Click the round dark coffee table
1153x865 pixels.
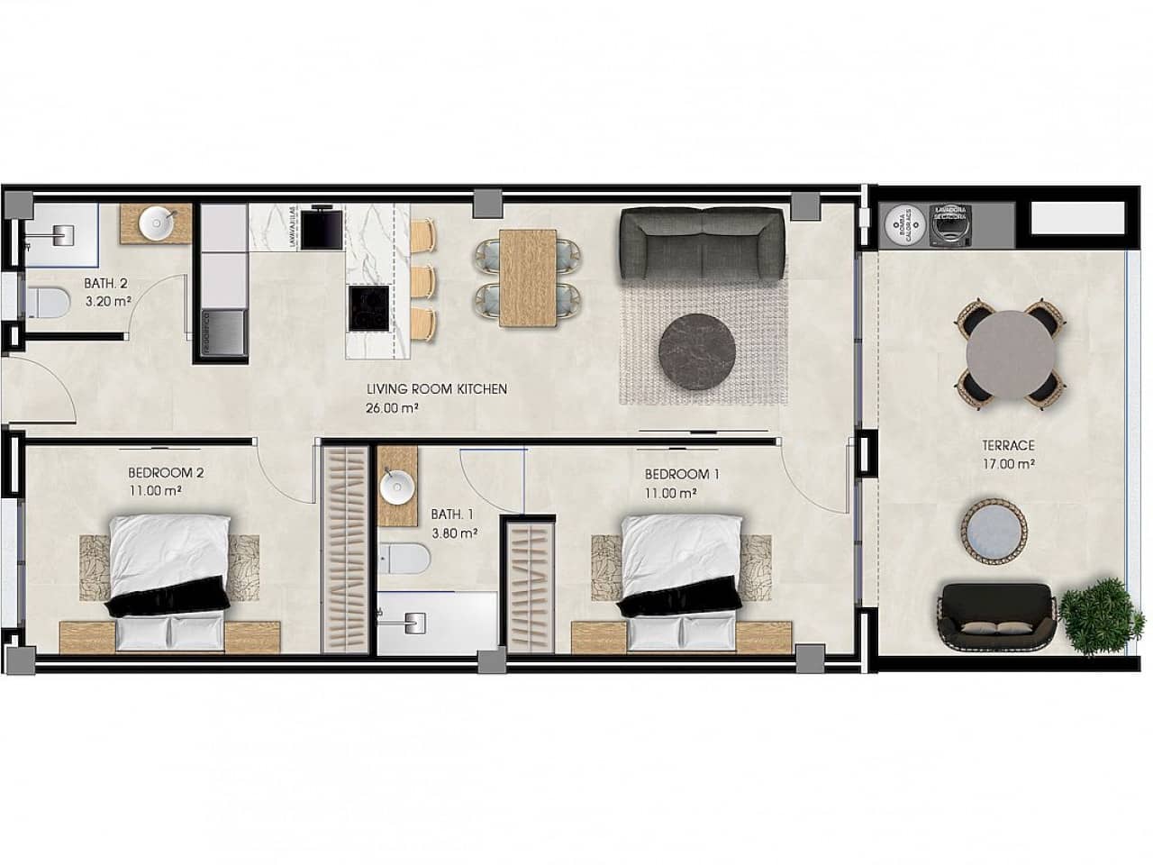pyautogui.click(x=702, y=352)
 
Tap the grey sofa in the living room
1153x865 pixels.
pyautogui.click(x=702, y=243)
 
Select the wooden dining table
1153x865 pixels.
pyautogui.click(x=527, y=277)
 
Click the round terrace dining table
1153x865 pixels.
pyautogui.click(x=1011, y=353)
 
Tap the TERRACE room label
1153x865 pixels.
pyautogui.click(x=1007, y=445)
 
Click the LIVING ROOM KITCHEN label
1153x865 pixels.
pyautogui.click(x=437, y=389)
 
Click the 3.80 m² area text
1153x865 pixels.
pyautogui.click(x=453, y=533)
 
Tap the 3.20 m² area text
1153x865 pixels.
pyautogui.click(x=109, y=301)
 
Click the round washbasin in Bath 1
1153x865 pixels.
pyautogui.click(x=397, y=487)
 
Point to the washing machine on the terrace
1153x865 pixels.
pyautogui.click(x=951, y=224)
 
